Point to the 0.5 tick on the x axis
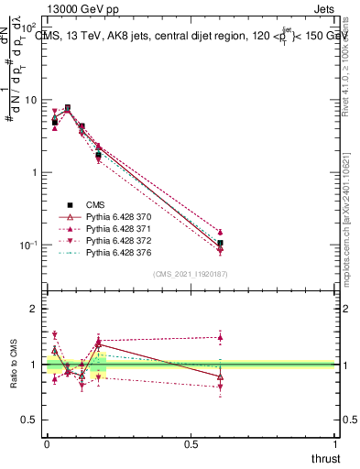point(191,444)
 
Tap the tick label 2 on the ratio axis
point(33,309)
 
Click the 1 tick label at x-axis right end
point(334,444)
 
